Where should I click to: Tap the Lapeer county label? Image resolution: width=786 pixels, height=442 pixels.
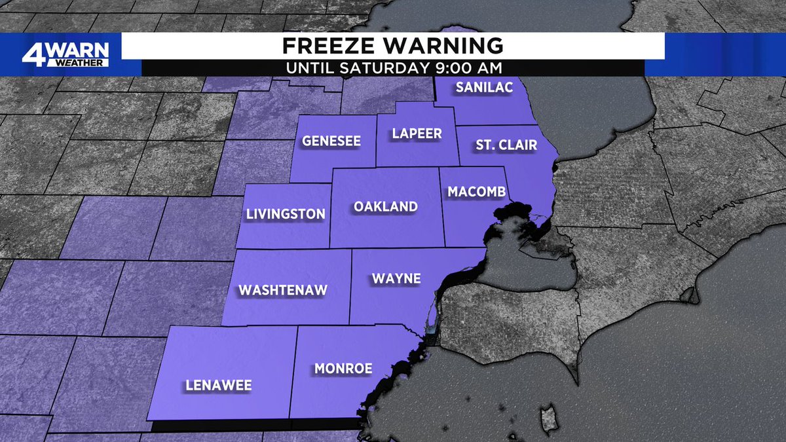(417, 134)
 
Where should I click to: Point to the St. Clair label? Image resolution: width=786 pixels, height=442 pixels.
(506, 145)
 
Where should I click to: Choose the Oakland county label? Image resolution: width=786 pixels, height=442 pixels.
(386, 207)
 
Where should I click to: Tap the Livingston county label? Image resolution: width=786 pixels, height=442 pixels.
(286, 214)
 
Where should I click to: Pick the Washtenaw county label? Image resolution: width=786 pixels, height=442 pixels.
(282, 290)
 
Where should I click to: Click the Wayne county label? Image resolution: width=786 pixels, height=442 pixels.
(396, 279)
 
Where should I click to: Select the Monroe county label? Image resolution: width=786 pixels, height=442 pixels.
(343, 369)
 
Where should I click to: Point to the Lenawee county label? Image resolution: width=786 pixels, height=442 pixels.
(218, 385)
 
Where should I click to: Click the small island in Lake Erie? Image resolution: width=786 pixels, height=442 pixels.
(550, 419)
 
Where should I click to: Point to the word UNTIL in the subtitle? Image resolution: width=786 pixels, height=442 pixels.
(310, 67)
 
